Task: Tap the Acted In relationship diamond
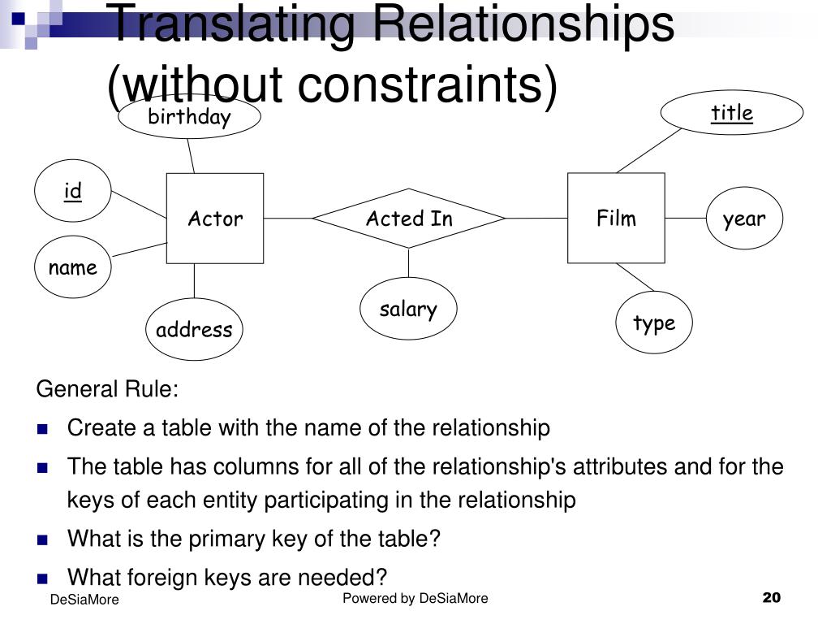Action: pos(409,218)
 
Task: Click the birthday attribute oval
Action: pos(189,117)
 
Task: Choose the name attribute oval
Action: pos(72,267)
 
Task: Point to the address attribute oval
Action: pos(194,329)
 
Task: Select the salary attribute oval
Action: pos(408,309)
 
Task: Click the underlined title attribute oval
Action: pos(732,113)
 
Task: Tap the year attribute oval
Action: pos(743,218)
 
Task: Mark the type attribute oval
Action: pos(654,323)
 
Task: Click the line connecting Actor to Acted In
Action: pos(288,218)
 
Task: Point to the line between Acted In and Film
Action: pos(536,218)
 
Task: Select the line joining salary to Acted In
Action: pos(408,263)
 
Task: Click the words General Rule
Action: pos(107,389)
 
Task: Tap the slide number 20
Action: pos(771,598)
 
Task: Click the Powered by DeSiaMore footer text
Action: pos(415,599)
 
